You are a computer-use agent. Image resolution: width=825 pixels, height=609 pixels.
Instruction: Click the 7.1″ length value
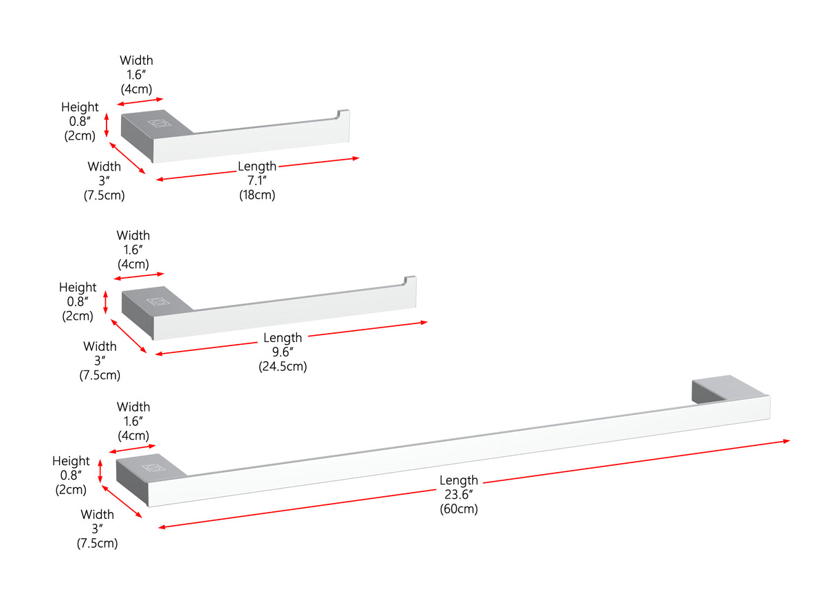(256, 180)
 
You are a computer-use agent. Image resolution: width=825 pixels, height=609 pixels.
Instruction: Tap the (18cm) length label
(257, 195)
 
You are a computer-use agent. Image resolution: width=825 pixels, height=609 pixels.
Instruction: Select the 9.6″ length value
(283, 352)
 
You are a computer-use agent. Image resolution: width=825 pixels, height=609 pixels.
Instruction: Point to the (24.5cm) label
(283, 366)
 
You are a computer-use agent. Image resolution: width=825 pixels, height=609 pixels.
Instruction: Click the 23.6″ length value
(459, 494)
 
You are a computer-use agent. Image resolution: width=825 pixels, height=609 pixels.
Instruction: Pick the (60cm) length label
(459, 509)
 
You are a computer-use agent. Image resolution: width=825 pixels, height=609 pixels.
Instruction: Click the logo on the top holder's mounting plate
(159, 122)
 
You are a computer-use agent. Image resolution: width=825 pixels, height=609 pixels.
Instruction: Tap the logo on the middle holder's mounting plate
(158, 301)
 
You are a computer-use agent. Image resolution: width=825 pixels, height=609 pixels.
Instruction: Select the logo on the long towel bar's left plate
(153, 468)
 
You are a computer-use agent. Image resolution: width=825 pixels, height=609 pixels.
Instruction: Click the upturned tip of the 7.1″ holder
(343, 114)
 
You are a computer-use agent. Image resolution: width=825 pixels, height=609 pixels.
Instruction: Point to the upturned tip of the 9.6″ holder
(410, 281)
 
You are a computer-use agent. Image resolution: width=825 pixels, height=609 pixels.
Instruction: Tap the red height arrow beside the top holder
(107, 125)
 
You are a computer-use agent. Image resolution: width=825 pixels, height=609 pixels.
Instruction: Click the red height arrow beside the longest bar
(100, 471)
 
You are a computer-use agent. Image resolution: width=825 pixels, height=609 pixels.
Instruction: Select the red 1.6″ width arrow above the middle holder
(139, 276)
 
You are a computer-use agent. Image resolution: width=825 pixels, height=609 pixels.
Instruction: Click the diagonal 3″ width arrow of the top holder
(127, 158)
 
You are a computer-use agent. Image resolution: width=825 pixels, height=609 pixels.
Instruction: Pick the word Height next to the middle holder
(78, 288)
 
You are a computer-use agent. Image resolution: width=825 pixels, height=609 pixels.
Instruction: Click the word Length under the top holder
(257, 167)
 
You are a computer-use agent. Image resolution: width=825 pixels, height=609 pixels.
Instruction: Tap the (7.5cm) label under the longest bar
(97, 544)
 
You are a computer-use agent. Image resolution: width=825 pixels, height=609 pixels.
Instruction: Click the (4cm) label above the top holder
(136, 89)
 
